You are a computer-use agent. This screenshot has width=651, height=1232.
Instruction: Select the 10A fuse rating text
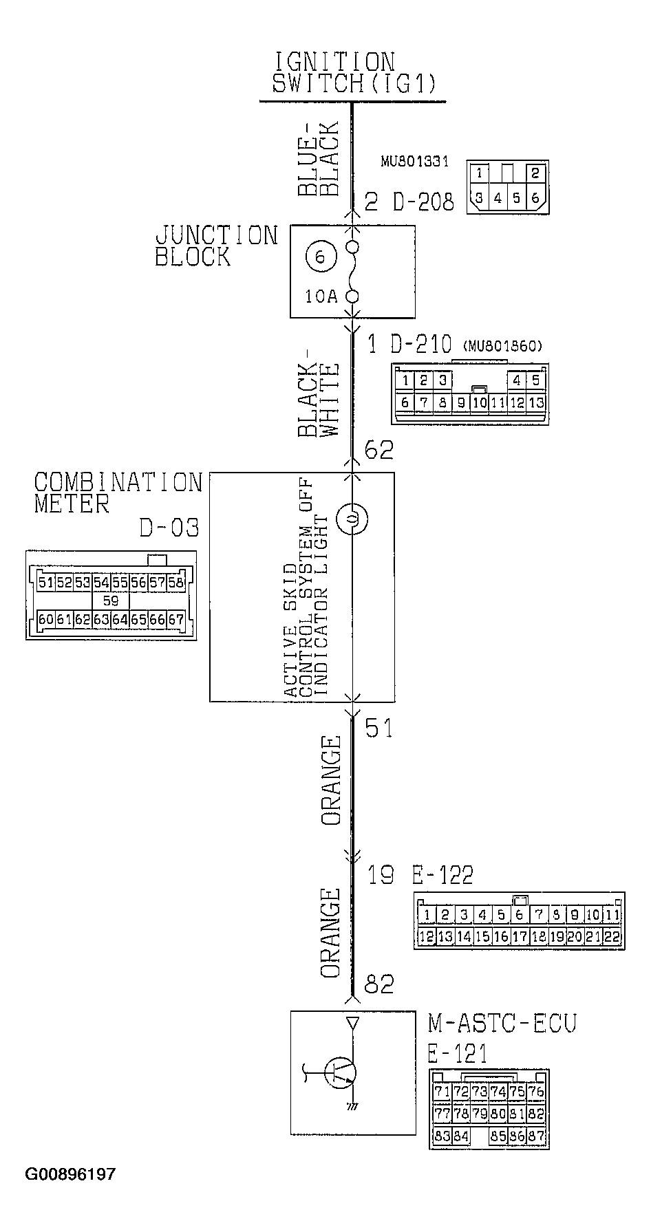click(322, 296)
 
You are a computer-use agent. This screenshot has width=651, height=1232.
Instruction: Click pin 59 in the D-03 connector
click(110, 601)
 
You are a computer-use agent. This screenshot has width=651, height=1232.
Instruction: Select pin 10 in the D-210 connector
click(480, 402)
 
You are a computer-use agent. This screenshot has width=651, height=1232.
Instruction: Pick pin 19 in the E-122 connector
click(557, 936)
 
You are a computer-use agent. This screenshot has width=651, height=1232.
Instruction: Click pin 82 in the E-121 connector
click(536, 1113)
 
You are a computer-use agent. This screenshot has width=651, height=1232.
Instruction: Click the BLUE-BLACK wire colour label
click(319, 160)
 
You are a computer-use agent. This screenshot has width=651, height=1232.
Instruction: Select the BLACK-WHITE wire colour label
click(319, 400)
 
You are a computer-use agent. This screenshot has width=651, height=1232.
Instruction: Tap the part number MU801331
click(415, 162)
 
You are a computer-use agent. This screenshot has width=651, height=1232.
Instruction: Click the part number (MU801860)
click(503, 345)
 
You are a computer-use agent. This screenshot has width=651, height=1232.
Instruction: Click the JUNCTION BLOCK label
click(216, 246)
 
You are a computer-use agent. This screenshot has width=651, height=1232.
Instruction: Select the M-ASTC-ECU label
click(502, 1023)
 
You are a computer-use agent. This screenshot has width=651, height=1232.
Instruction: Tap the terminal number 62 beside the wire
click(378, 450)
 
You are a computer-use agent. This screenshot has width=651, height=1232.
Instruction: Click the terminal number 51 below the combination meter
click(378, 728)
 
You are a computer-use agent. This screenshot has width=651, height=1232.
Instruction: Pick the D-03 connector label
click(169, 528)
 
